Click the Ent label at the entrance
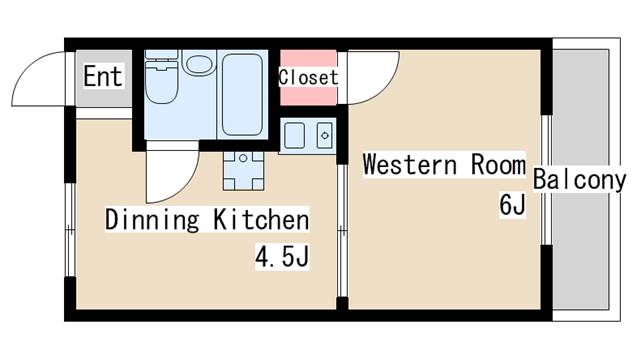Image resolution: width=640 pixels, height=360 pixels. click(x=103, y=76)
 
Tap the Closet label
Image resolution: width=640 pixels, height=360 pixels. click(x=309, y=77)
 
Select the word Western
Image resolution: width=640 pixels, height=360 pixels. click(x=410, y=164)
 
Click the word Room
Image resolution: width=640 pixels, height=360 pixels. click(x=498, y=164)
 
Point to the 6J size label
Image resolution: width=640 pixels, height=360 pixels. click(x=512, y=204)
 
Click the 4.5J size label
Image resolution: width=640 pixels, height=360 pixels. click(x=282, y=256)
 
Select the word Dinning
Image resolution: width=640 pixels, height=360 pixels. click(x=152, y=220)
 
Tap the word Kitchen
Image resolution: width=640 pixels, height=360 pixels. click(x=261, y=220)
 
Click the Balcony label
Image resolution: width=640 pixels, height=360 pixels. click(x=579, y=180)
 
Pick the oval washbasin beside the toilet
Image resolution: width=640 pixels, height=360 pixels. click(x=199, y=63)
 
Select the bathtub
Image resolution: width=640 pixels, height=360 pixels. click(x=242, y=95)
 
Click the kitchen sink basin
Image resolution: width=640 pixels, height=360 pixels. click(x=294, y=136)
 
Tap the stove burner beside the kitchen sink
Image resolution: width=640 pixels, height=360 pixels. click(x=325, y=136)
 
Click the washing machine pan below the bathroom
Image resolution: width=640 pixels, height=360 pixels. click(x=243, y=170)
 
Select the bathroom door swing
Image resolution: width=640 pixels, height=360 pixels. click(x=180, y=188)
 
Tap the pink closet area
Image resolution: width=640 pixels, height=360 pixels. click(x=309, y=78)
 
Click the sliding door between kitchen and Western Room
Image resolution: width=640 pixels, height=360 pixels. click(x=342, y=231)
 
